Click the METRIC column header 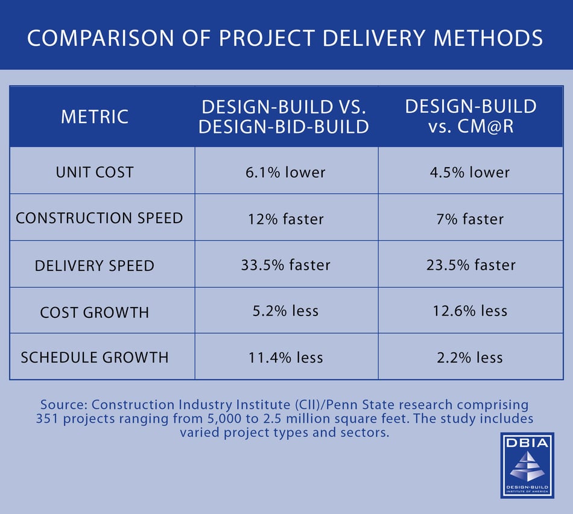(95, 116)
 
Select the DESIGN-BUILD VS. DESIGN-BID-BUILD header (285, 116)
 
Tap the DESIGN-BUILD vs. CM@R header (470, 116)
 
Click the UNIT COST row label (95, 172)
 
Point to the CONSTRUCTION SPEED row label (100, 218)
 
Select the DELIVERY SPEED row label (95, 265)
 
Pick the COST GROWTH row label (95, 312)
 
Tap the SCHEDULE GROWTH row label (95, 357)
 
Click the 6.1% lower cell (286, 173)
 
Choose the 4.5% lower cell (470, 173)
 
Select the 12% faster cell (286, 218)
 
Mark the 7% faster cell (470, 218)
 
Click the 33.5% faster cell (286, 265)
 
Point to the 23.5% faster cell (470, 265)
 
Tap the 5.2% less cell (286, 311)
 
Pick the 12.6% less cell (470, 311)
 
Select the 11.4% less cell (286, 358)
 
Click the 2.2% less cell (470, 358)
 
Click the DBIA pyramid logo (527, 465)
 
